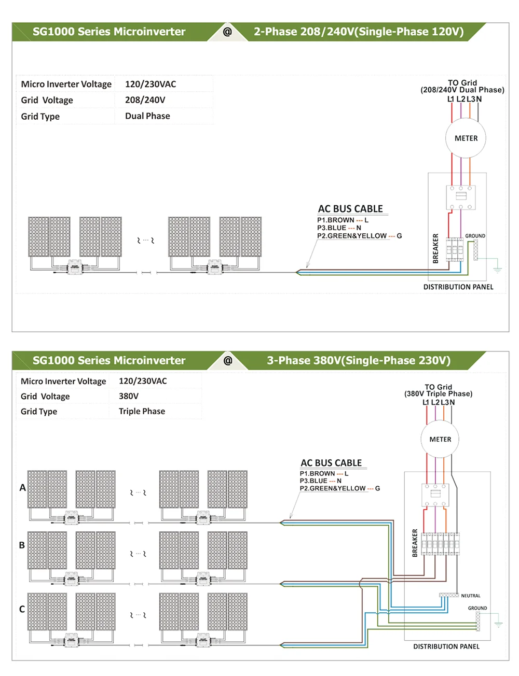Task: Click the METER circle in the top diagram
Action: point(466,138)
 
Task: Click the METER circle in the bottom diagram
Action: point(440,439)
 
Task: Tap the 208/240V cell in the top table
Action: point(145,100)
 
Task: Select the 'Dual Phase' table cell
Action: point(147,116)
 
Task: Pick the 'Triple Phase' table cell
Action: point(142,411)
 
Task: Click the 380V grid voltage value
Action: point(129,396)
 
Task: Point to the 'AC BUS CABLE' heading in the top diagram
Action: point(350,209)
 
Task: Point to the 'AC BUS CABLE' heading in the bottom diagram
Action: point(331,463)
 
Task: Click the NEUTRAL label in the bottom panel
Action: point(471,596)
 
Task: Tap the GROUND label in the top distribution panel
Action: point(475,236)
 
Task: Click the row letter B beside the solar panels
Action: point(22,545)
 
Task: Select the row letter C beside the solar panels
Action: point(22,609)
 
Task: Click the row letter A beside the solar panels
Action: point(22,488)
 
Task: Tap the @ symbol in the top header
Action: point(227,32)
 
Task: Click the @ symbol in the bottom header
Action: point(227,360)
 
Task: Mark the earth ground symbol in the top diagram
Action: point(497,269)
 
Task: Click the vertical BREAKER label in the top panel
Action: point(435,248)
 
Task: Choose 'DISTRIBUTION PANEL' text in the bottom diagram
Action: point(446,646)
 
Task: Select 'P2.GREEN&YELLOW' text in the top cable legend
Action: point(352,236)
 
